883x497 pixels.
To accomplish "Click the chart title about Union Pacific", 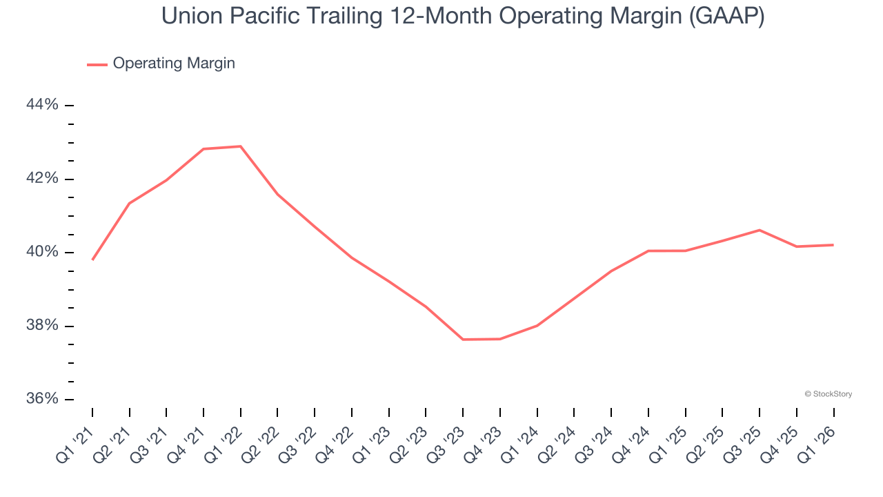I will [462, 16].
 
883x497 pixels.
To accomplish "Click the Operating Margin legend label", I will [174, 64].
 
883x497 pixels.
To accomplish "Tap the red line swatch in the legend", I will [97, 64].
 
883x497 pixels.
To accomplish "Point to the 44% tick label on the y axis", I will [42, 105].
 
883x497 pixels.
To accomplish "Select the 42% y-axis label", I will [42, 179].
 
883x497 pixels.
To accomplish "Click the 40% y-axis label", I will [42, 252].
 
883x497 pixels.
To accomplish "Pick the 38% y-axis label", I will [42, 326].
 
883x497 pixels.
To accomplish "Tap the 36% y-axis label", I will [42, 399].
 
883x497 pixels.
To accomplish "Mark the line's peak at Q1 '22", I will [241, 146].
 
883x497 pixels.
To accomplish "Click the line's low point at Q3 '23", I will [463, 340].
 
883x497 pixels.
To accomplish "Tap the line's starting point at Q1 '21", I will [92, 260].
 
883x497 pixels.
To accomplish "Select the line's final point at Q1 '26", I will [833, 245].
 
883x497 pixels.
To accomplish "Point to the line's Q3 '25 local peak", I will [760, 230].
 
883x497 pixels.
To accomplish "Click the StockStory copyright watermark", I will [828, 394].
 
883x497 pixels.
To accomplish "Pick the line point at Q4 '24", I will [648, 251].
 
